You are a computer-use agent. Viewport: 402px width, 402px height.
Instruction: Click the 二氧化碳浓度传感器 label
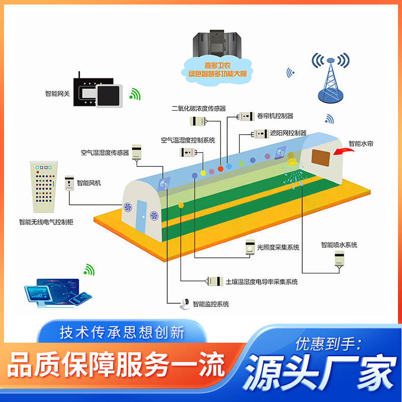click(x=198, y=108)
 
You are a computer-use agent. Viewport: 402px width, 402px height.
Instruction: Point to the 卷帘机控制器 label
click(x=275, y=116)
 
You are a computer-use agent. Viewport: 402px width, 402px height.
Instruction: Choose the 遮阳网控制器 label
click(x=288, y=133)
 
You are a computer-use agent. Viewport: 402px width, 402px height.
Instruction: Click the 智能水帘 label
click(x=361, y=143)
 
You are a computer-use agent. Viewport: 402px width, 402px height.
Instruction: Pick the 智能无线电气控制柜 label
click(x=46, y=222)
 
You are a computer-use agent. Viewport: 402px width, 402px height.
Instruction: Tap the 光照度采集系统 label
click(x=278, y=247)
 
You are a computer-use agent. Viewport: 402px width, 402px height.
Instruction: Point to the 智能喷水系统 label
click(x=339, y=245)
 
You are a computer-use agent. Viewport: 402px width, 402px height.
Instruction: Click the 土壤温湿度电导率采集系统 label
click(x=262, y=282)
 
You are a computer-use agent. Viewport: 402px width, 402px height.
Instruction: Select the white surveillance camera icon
click(x=185, y=303)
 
